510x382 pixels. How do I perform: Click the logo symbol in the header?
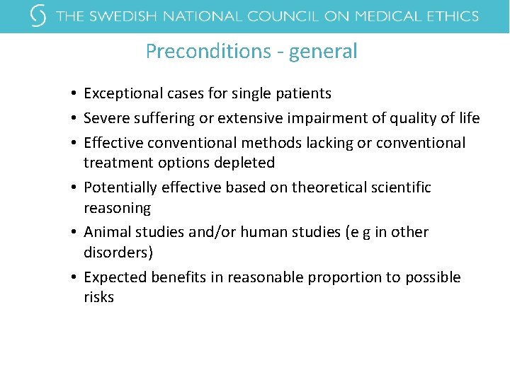(39, 16)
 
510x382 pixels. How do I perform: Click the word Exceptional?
(121, 93)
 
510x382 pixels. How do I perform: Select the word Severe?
(106, 118)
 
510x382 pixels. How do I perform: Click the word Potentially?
(120, 187)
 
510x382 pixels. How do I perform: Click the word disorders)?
(118, 253)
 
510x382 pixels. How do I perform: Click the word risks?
(98, 297)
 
